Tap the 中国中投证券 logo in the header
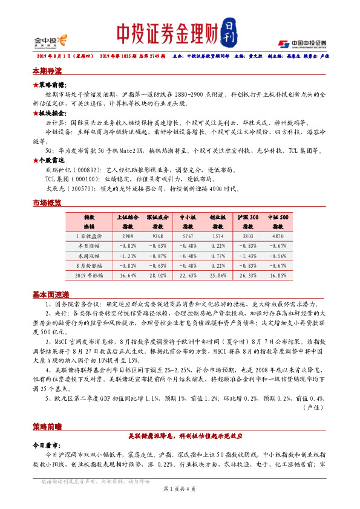tap(302, 43)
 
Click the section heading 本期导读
tap(47, 71)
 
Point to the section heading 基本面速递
tap(50, 294)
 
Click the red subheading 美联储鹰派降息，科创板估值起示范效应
tap(180, 435)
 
